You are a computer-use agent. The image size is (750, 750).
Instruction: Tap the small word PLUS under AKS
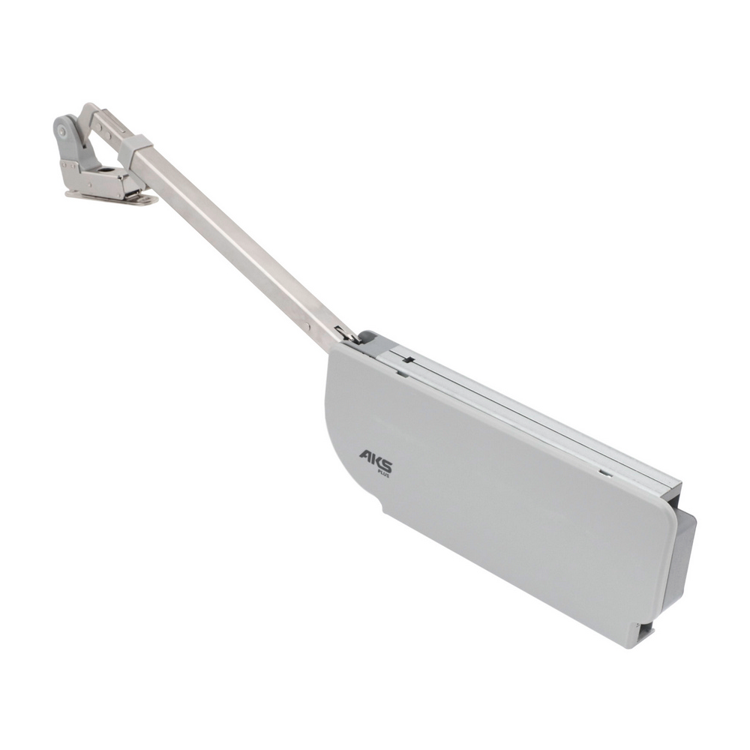click(383, 475)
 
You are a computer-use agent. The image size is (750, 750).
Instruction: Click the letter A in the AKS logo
click(367, 455)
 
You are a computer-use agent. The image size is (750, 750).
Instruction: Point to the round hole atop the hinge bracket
click(106, 170)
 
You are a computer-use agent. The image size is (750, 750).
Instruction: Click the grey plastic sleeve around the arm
click(135, 146)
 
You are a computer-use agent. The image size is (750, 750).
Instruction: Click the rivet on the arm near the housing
click(307, 326)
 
